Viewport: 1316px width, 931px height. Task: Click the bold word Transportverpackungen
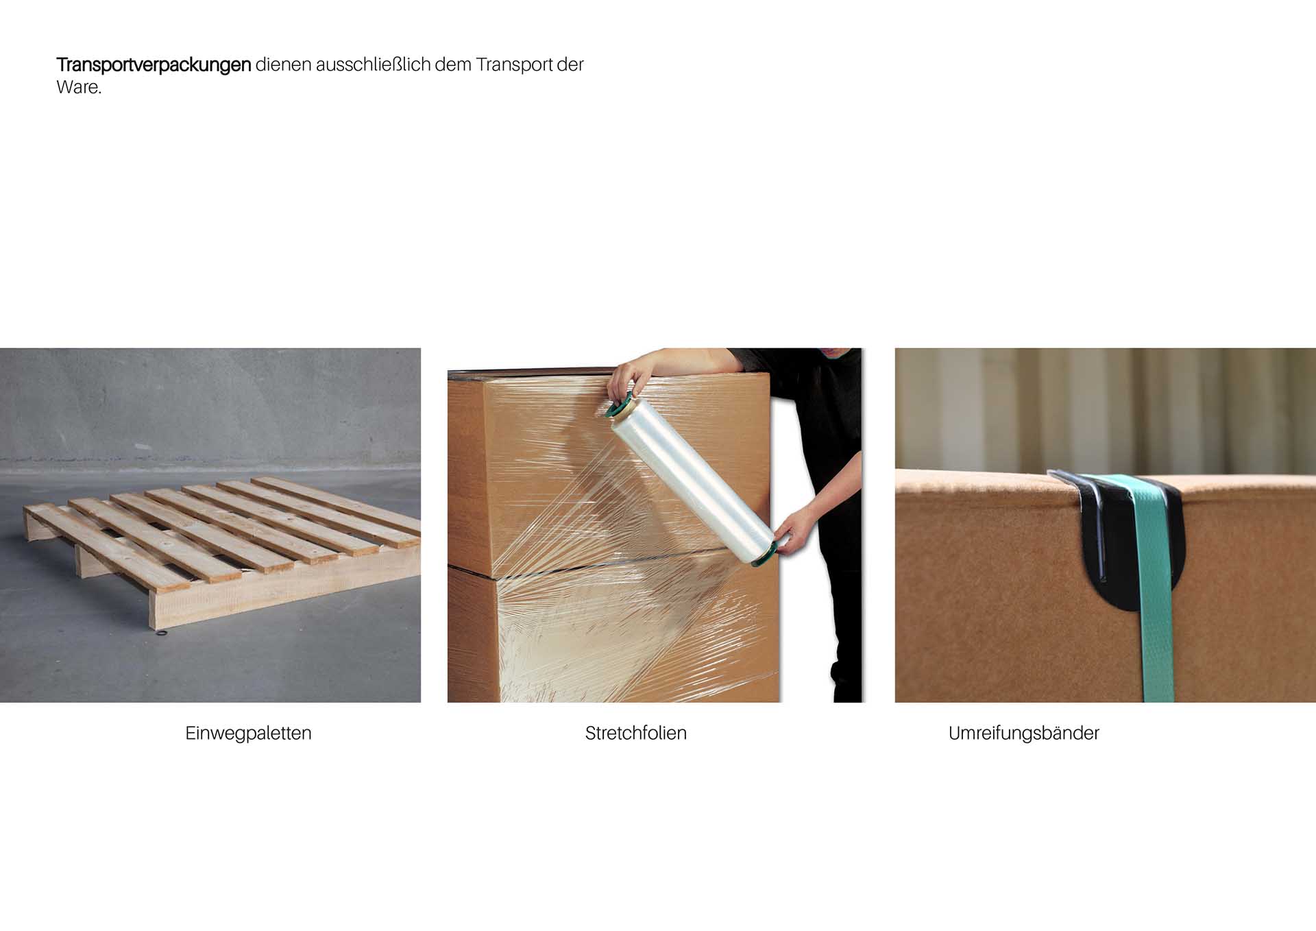click(x=154, y=65)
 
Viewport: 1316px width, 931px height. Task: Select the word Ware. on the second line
click(x=79, y=88)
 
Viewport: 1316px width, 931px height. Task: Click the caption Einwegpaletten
click(x=248, y=733)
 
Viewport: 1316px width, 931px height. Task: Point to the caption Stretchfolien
click(x=635, y=733)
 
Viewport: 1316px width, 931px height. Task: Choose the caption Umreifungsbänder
click(x=1023, y=733)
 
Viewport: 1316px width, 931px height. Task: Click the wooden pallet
click(x=223, y=548)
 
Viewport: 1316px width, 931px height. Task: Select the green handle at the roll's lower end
click(x=766, y=555)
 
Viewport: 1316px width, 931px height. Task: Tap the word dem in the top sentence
click(x=453, y=64)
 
